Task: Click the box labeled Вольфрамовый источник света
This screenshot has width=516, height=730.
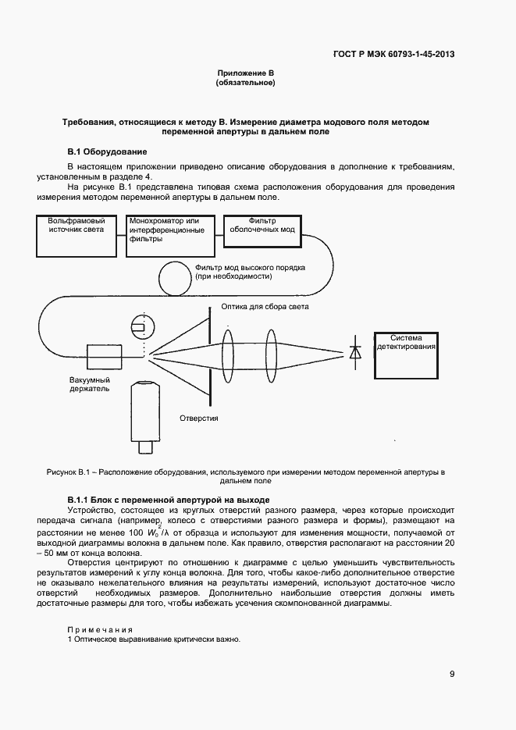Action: tap(76, 235)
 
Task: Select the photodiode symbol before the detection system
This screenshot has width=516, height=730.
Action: tap(356, 353)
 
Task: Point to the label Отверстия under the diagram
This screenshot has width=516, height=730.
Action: tap(199, 418)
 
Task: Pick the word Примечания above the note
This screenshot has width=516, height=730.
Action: tap(99, 629)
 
